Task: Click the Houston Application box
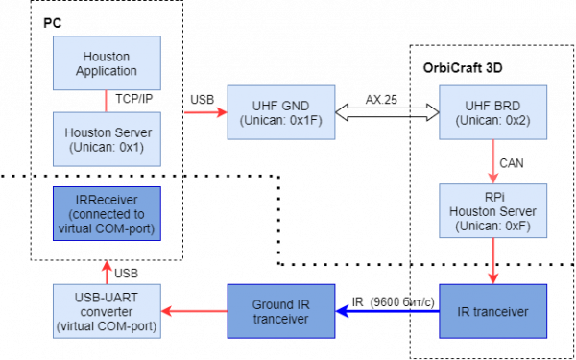click(x=106, y=63)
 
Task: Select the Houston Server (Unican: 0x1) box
click(x=106, y=139)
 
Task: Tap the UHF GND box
click(x=280, y=112)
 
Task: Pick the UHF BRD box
click(x=492, y=112)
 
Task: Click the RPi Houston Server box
click(x=492, y=211)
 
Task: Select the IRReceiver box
click(x=106, y=213)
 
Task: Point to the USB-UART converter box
click(x=106, y=311)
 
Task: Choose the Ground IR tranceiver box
click(x=280, y=311)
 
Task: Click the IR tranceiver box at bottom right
click(x=492, y=311)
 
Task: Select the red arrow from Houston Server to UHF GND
click(x=204, y=112)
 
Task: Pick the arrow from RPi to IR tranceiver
click(x=492, y=261)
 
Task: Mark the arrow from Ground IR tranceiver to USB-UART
click(x=193, y=311)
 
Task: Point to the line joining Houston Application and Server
click(x=106, y=101)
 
